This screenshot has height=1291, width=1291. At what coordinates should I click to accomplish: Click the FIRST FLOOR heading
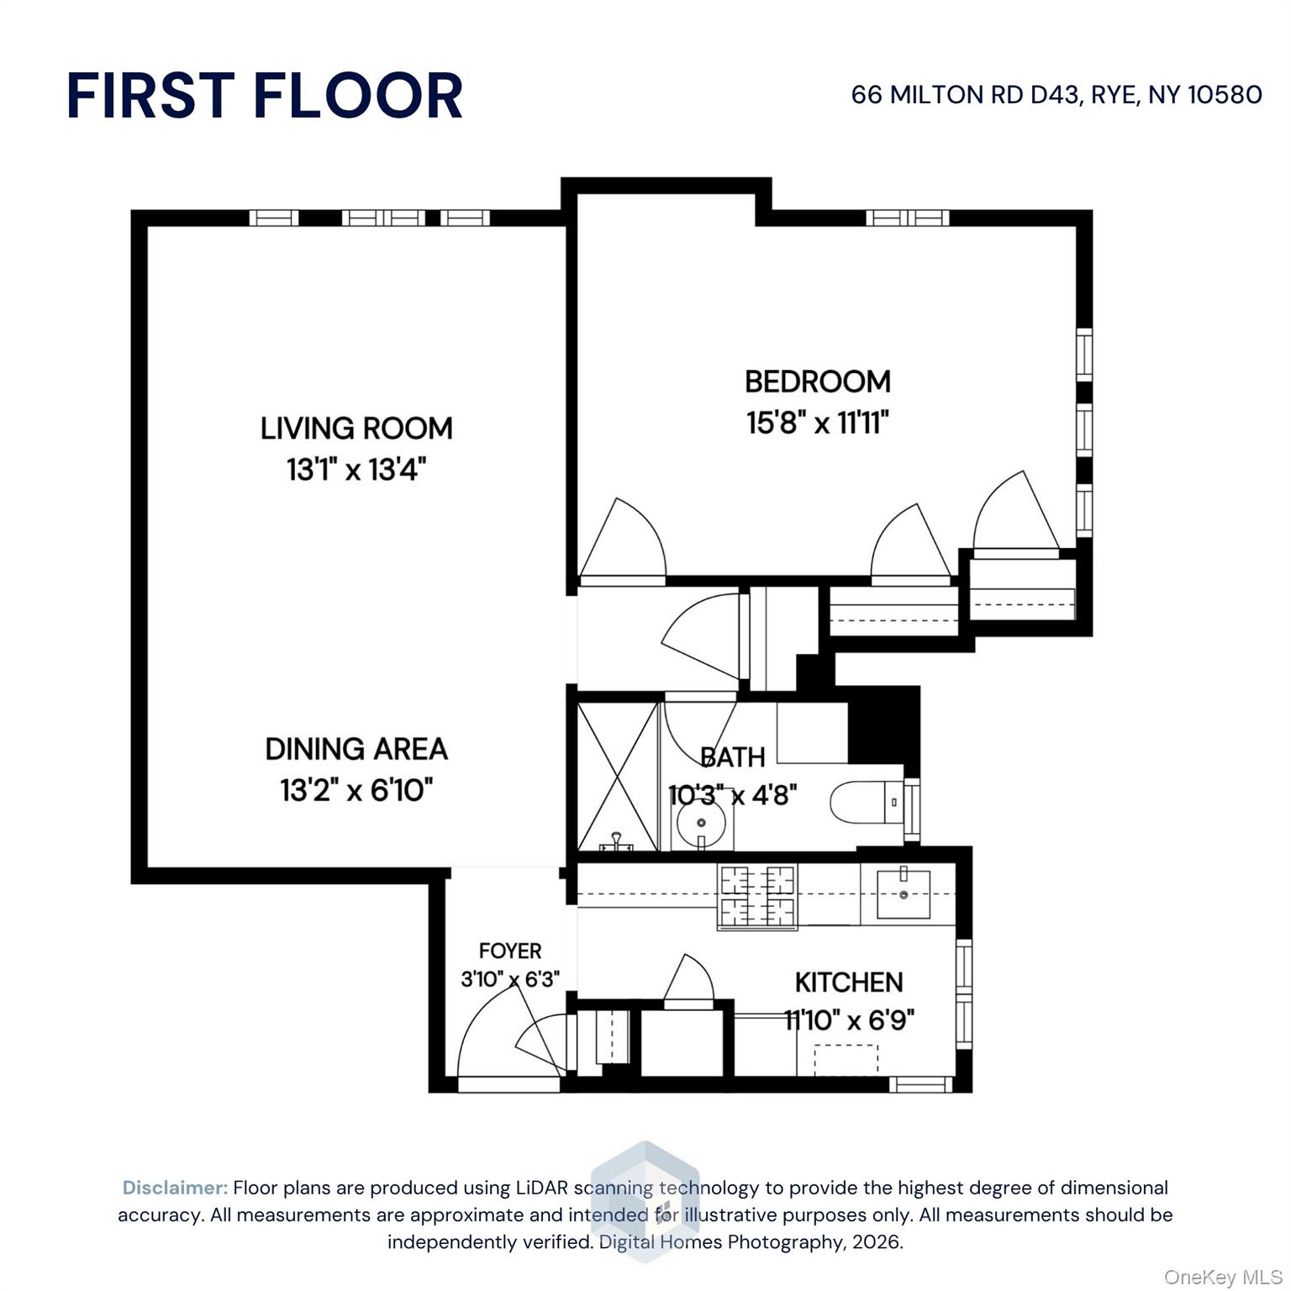coord(265,95)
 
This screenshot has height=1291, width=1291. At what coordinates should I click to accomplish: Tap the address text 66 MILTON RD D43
coord(965,94)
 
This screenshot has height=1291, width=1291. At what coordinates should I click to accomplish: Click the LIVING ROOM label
coord(356,429)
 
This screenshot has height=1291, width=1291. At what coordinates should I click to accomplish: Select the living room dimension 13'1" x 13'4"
coord(356,469)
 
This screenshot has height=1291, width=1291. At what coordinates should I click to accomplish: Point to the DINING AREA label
coord(356,749)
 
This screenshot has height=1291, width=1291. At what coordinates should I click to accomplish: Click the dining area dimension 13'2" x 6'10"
coord(356,790)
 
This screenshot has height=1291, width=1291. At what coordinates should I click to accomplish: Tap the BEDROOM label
coord(818,382)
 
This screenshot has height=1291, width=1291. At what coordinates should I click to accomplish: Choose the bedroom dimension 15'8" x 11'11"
coord(818,422)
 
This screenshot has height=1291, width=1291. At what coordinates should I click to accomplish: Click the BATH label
coord(733,757)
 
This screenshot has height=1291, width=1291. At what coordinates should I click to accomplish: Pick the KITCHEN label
coord(849,982)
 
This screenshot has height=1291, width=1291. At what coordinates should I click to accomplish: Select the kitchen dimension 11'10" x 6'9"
coord(849,1020)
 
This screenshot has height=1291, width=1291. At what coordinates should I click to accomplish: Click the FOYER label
coord(510,951)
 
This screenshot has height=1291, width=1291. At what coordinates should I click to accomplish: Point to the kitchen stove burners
coord(757,897)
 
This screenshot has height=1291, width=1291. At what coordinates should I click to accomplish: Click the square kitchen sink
coord(904,893)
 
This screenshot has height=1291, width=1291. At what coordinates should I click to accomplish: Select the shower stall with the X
coord(618,776)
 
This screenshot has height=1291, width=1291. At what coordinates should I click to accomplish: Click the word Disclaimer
coord(175,1188)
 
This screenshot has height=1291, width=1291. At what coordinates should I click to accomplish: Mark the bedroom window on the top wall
coord(908,219)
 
